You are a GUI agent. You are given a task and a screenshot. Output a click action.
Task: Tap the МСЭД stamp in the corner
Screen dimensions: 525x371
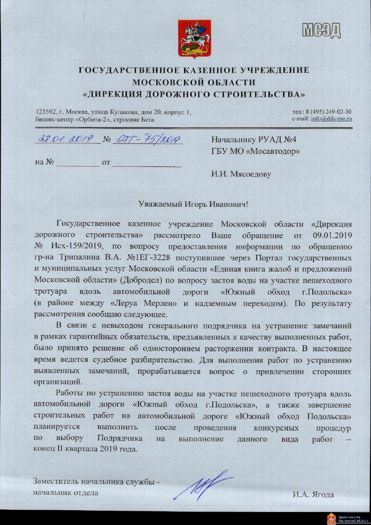click(x=321, y=30)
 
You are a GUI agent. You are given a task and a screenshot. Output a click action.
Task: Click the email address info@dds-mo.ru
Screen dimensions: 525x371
click(x=332, y=119)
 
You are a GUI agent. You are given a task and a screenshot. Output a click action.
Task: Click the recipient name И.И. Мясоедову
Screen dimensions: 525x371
click(x=241, y=174)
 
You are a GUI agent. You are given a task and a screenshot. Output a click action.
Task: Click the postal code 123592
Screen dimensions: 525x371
click(x=45, y=112)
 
